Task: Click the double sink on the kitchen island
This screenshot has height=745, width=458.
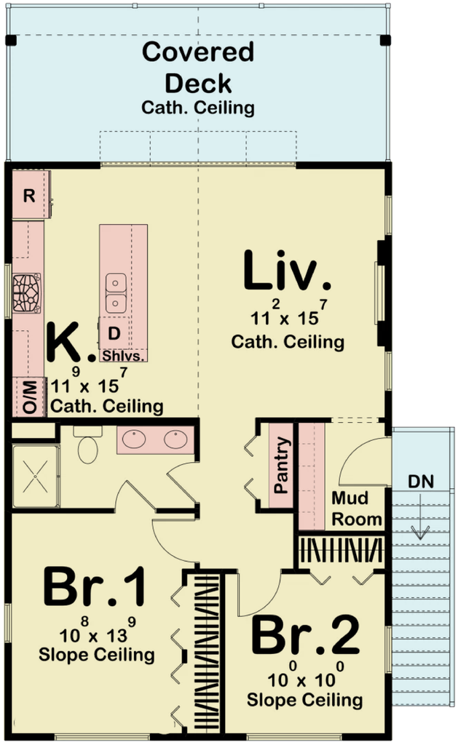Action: pyautogui.click(x=116, y=293)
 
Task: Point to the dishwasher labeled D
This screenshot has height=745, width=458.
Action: pyautogui.click(x=114, y=333)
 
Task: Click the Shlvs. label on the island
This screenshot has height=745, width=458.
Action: pyautogui.click(x=123, y=356)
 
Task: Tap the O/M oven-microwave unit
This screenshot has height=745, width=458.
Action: pyautogui.click(x=28, y=397)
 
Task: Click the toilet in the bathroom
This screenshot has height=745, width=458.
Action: pyautogui.click(x=87, y=445)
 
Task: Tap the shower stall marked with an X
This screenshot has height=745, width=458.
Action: pyautogui.click(x=35, y=476)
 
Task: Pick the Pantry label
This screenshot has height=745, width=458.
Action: pyautogui.click(x=282, y=465)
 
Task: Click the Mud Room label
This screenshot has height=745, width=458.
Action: pyautogui.click(x=356, y=509)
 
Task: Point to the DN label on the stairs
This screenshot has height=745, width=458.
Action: pyautogui.click(x=421, y=482)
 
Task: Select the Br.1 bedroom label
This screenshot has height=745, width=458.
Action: pyautogui.click(x=95, y=588)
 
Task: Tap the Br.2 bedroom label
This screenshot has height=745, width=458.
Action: pyautogui.click(x=305, y=634)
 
